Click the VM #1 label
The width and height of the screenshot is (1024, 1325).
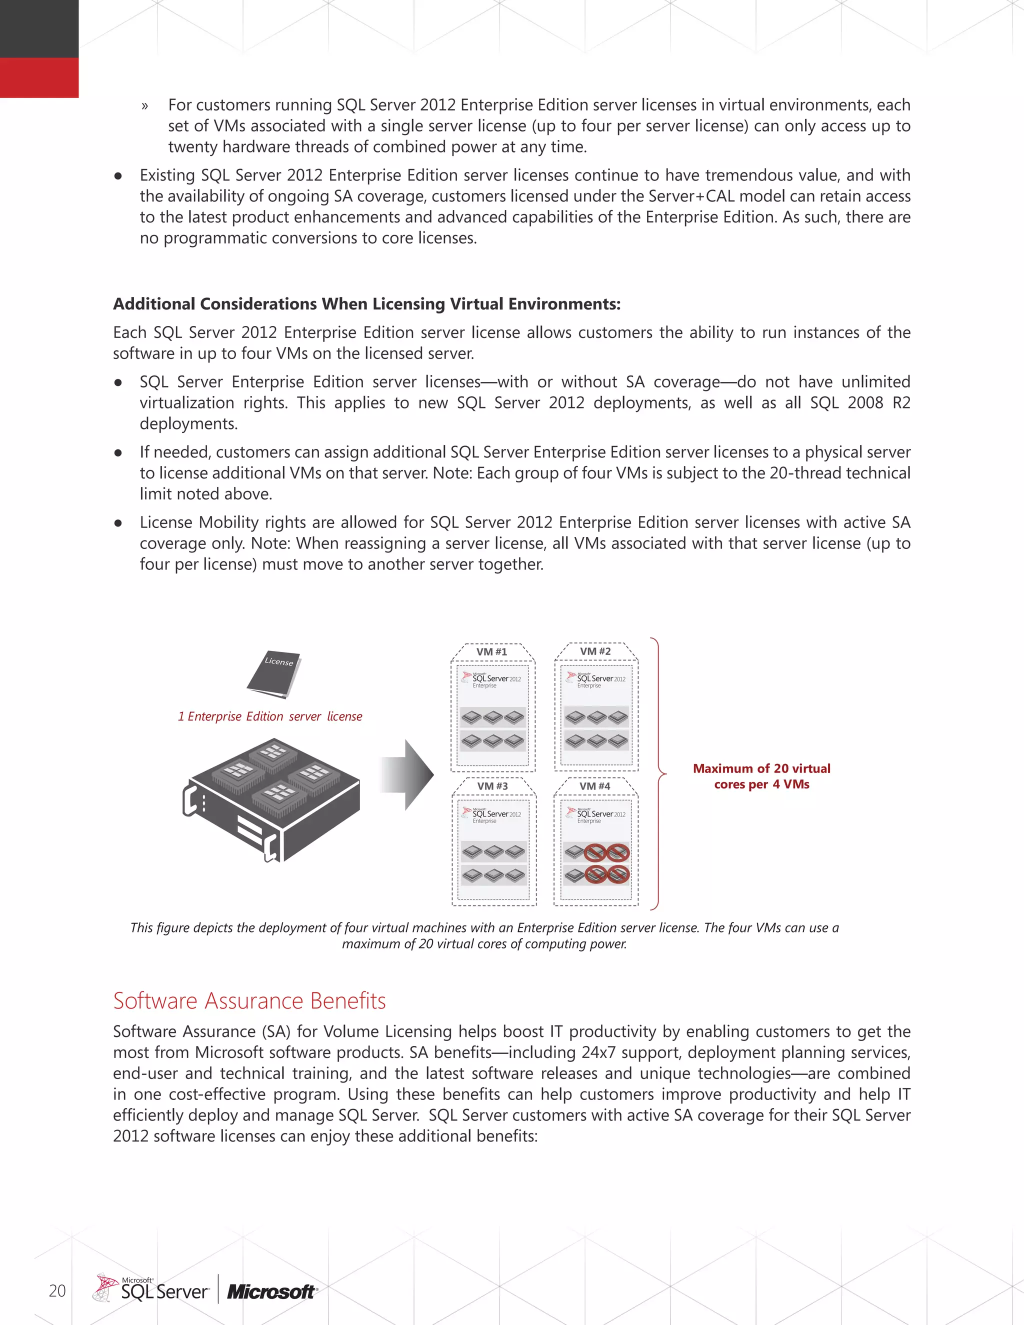pos(491,651)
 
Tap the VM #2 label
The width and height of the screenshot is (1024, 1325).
pos(595,651)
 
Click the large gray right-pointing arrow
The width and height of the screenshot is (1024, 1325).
pos(407,774)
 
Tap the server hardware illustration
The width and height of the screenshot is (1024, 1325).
pos(271,799)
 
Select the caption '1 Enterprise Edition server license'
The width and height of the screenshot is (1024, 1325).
pos(270,716)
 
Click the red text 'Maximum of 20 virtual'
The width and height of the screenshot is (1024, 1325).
pos(761,768)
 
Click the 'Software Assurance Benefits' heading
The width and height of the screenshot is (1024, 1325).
pos(249,1001)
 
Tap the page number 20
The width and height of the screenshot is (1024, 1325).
pos(57,1290)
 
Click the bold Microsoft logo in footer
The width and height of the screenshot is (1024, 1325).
pos(271,1292)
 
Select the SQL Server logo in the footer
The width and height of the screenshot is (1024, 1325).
pos(151,1289)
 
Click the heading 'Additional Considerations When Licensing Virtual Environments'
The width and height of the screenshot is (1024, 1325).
pos(366,304)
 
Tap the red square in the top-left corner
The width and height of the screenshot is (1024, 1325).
pos(39,77)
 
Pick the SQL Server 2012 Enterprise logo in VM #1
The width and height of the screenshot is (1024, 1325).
pos(491,679)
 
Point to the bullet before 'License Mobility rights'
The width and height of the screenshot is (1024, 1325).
pos(118,523)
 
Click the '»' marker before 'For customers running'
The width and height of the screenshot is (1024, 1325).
pos(144,106)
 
